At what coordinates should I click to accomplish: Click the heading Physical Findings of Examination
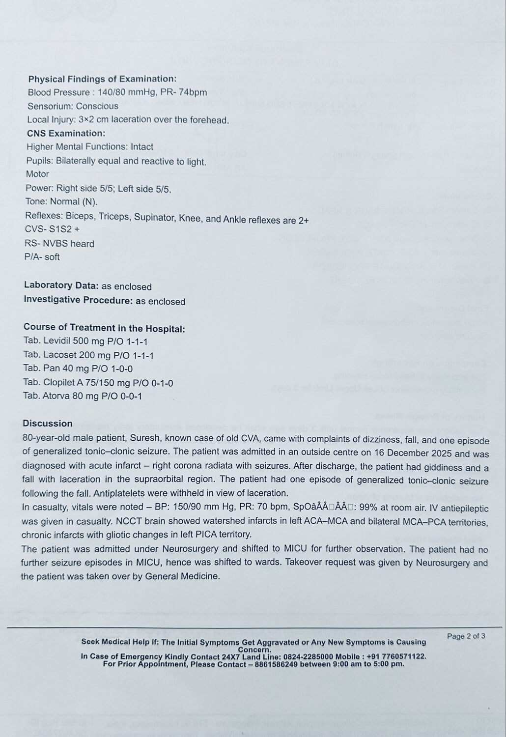pos(102,79)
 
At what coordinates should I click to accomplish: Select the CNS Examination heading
pos(66,133)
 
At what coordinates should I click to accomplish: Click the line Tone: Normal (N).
pos(61,201)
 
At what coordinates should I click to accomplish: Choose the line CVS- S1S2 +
pos(52,229)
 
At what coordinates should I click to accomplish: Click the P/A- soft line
pos(42,257)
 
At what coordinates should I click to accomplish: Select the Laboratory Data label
pos(61,285)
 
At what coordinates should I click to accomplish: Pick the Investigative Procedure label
pos(78,300)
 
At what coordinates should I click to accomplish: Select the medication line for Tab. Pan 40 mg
pos(78,368)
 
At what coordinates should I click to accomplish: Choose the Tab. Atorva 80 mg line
pos(82,396)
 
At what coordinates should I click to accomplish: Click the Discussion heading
pos(47,423)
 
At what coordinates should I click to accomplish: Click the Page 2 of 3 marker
pos(466,636)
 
